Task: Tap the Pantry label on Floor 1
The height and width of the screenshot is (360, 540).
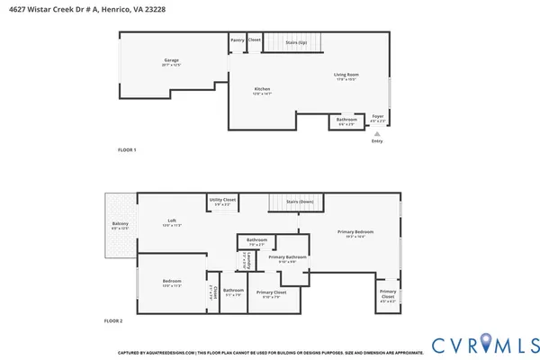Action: tap(237, 40)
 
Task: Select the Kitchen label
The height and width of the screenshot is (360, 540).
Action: tap(262, 90)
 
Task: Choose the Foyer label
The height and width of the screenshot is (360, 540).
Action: tap(378, 116)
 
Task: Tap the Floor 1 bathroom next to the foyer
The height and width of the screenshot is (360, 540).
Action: tap(346, 121)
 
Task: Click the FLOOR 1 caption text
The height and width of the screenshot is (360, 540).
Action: tap(127, 149)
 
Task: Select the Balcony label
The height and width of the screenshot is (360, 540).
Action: tap(120, 225)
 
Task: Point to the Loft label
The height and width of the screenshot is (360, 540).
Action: tap(171, 222)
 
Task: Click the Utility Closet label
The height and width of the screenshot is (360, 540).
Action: tap(222, 202)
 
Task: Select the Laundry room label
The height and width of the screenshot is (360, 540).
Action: tap(242, 260)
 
